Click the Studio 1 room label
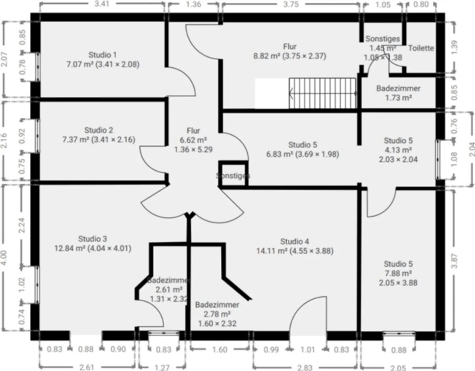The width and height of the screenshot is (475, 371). pyautogui.click(x=103, y=55)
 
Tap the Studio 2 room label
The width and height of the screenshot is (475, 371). pyautogui.click(x=98, y=130)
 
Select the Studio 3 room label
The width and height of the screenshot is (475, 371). pyautogui.click(x=92, y=239)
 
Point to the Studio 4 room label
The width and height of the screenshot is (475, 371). pyautogui.click(x=295, y=242)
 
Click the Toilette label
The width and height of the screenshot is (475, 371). pyautogui.click(x=421, y=48)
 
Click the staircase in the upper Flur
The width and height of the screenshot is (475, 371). pyautogui.click(x=323, y=93)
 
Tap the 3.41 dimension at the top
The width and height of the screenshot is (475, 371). pyautogui.click(x=102, y=4)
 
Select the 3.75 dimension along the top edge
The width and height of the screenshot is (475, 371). pyautogui.click(x=291, y=4)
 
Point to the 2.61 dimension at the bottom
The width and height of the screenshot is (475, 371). pyautogui.click(x=87, y=367)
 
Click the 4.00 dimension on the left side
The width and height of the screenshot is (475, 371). pyautogui.click(x=4, y=257)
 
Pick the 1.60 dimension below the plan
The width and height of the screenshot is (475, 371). pyautogui.click(x=220, y=350)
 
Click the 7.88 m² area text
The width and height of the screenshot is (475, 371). pyautogui.click(x=398, y=273)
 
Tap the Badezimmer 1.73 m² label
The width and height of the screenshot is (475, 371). pyautogui.click(x=398, y=93)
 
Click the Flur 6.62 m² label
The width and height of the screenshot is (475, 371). pyautogui.click(x=193, y=140)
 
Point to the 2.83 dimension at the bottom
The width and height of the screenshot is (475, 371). pyautogui.click(x=305, y=367)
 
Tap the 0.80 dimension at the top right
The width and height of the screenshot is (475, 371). pyautogui.click(x=421, y=4)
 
